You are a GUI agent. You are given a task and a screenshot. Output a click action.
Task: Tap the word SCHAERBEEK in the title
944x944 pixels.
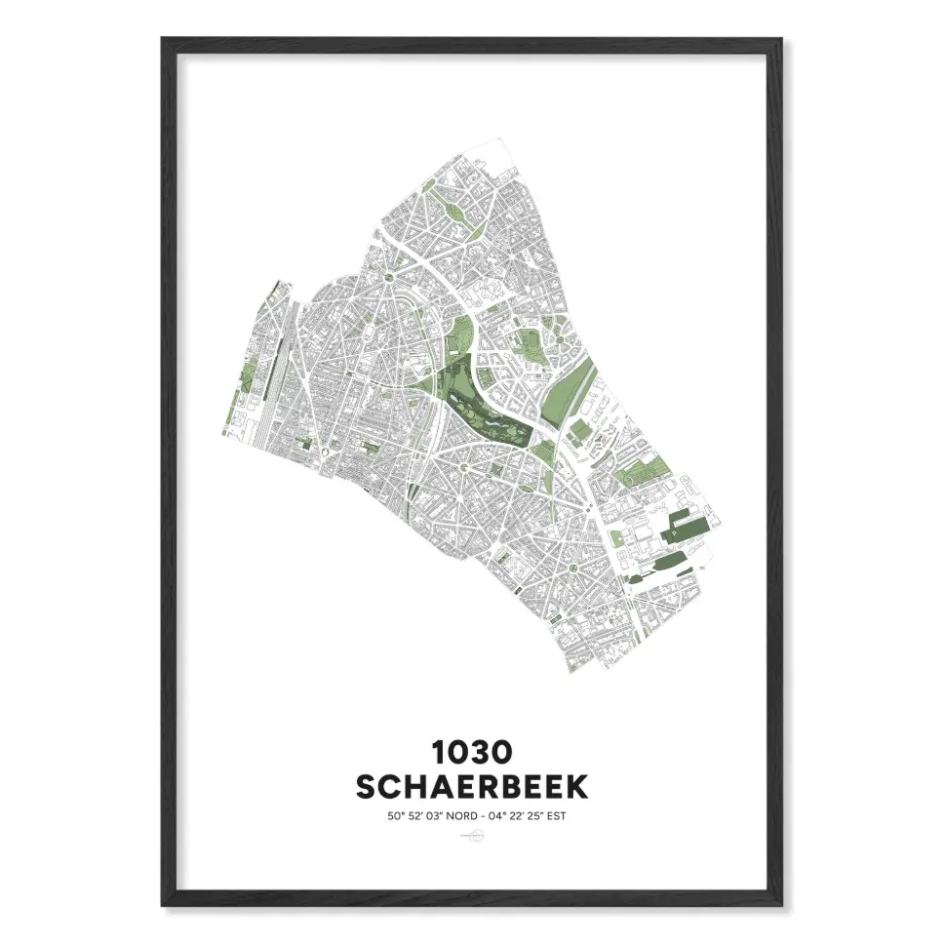tap(471, 785)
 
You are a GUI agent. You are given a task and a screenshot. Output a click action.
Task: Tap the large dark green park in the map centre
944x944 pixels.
tap(478, 395)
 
